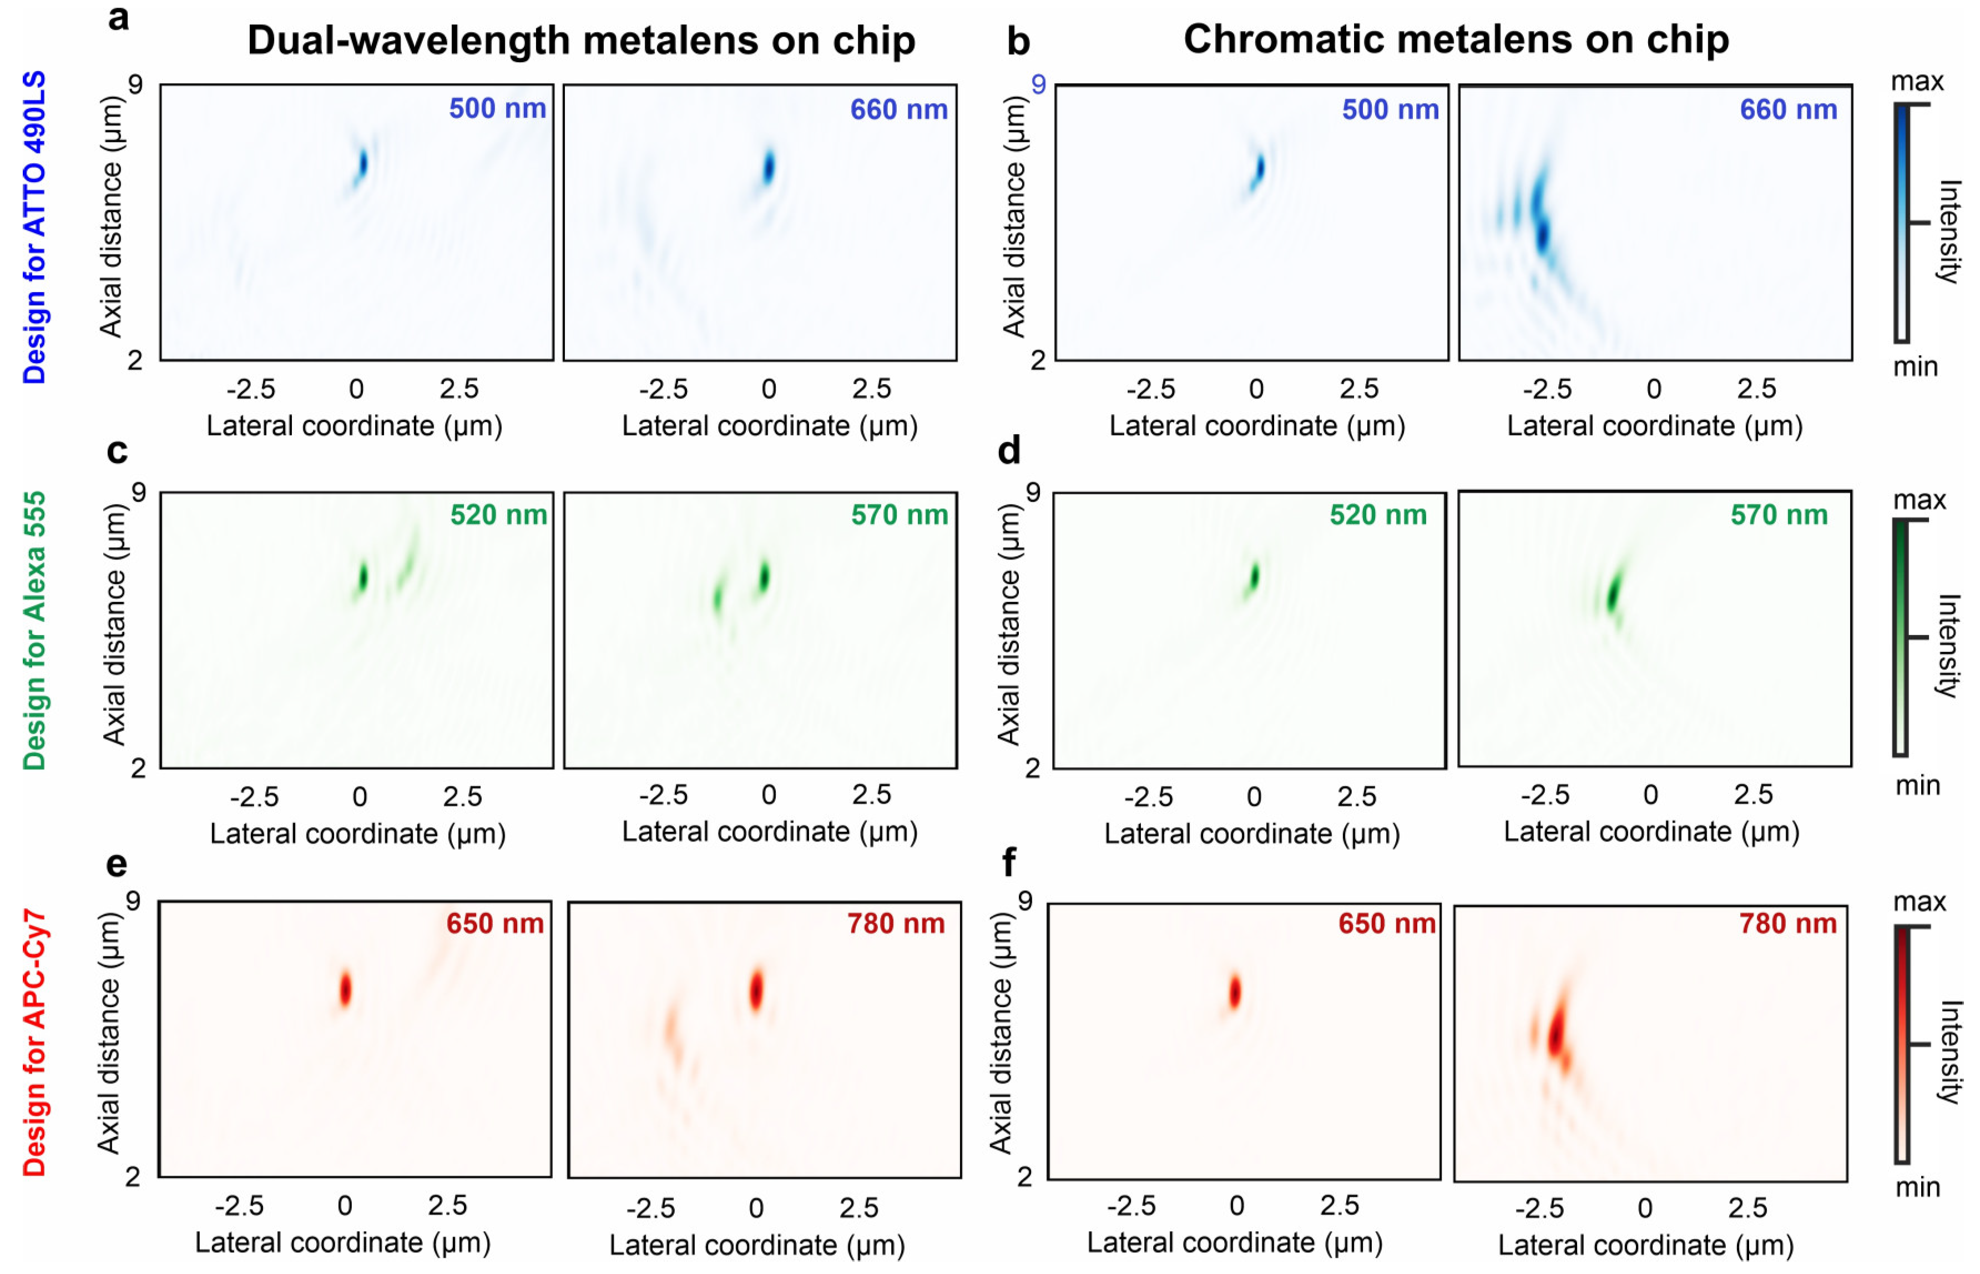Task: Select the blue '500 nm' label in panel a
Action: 497,108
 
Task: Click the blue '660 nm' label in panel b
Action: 1788,109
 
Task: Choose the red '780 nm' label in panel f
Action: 1787,923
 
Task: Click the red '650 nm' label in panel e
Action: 494,923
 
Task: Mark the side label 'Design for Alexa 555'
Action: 34,631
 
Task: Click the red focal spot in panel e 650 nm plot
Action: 345,989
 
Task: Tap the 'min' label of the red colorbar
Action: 1917,1187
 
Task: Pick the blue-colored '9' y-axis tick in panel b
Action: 1038,84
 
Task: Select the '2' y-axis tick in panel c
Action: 138,768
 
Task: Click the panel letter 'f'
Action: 1008,863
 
